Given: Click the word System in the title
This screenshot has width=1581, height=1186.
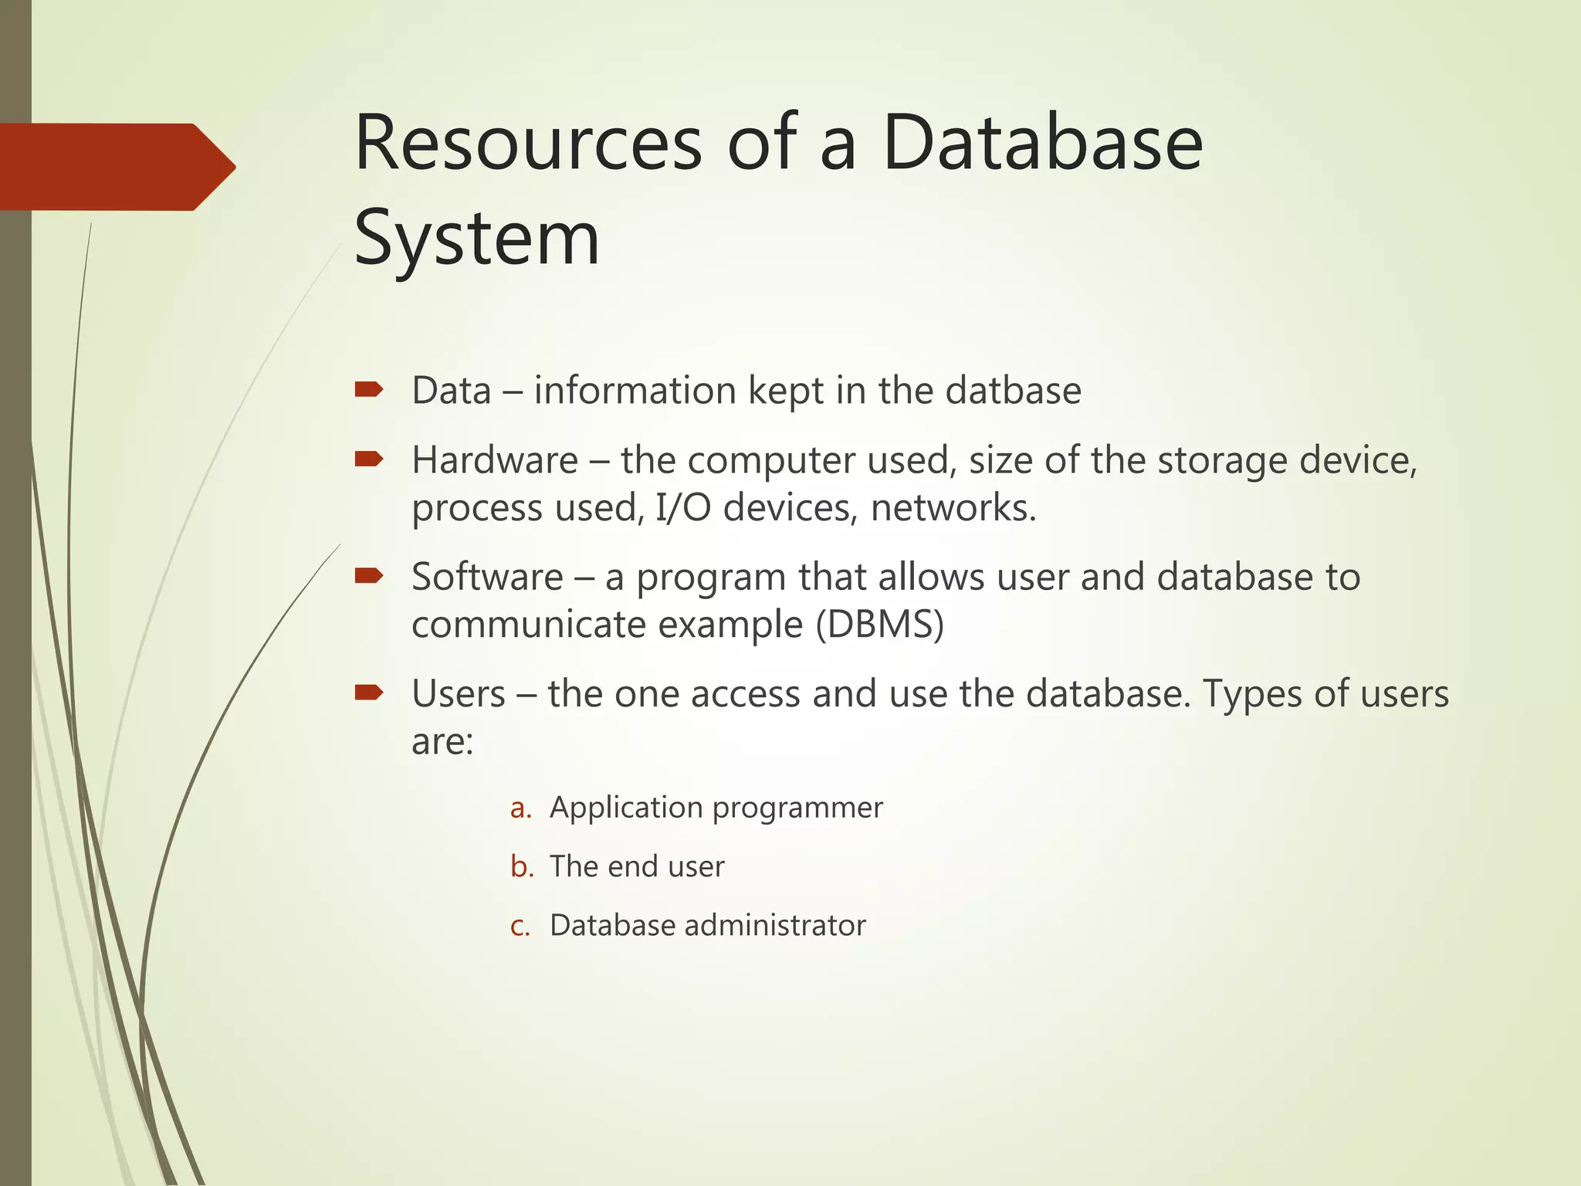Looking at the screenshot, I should pos(476,239).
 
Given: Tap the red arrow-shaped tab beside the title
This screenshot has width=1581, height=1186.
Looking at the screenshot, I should pos(116,167).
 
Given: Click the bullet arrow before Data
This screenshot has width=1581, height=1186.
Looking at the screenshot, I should pos(368,390).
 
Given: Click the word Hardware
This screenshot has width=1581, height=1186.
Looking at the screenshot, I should pos(495,461).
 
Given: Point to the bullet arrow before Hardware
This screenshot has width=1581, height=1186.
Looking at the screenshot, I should pos(368,460).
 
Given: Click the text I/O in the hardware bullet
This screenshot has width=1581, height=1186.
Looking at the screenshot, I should pos(682,508).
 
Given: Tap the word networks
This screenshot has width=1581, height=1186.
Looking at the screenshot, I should pos(953,508).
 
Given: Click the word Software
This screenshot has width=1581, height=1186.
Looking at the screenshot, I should pos(487,578).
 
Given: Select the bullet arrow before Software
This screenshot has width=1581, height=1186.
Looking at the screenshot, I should pos(368,576).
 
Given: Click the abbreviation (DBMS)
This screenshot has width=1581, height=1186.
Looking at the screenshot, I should pos(880,625).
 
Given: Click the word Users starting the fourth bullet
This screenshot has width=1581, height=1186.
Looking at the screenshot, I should pos(459,694).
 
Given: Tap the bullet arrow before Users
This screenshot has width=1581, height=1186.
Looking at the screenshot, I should pos(368,693).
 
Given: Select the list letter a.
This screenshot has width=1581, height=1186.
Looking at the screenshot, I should pos(521,808).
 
